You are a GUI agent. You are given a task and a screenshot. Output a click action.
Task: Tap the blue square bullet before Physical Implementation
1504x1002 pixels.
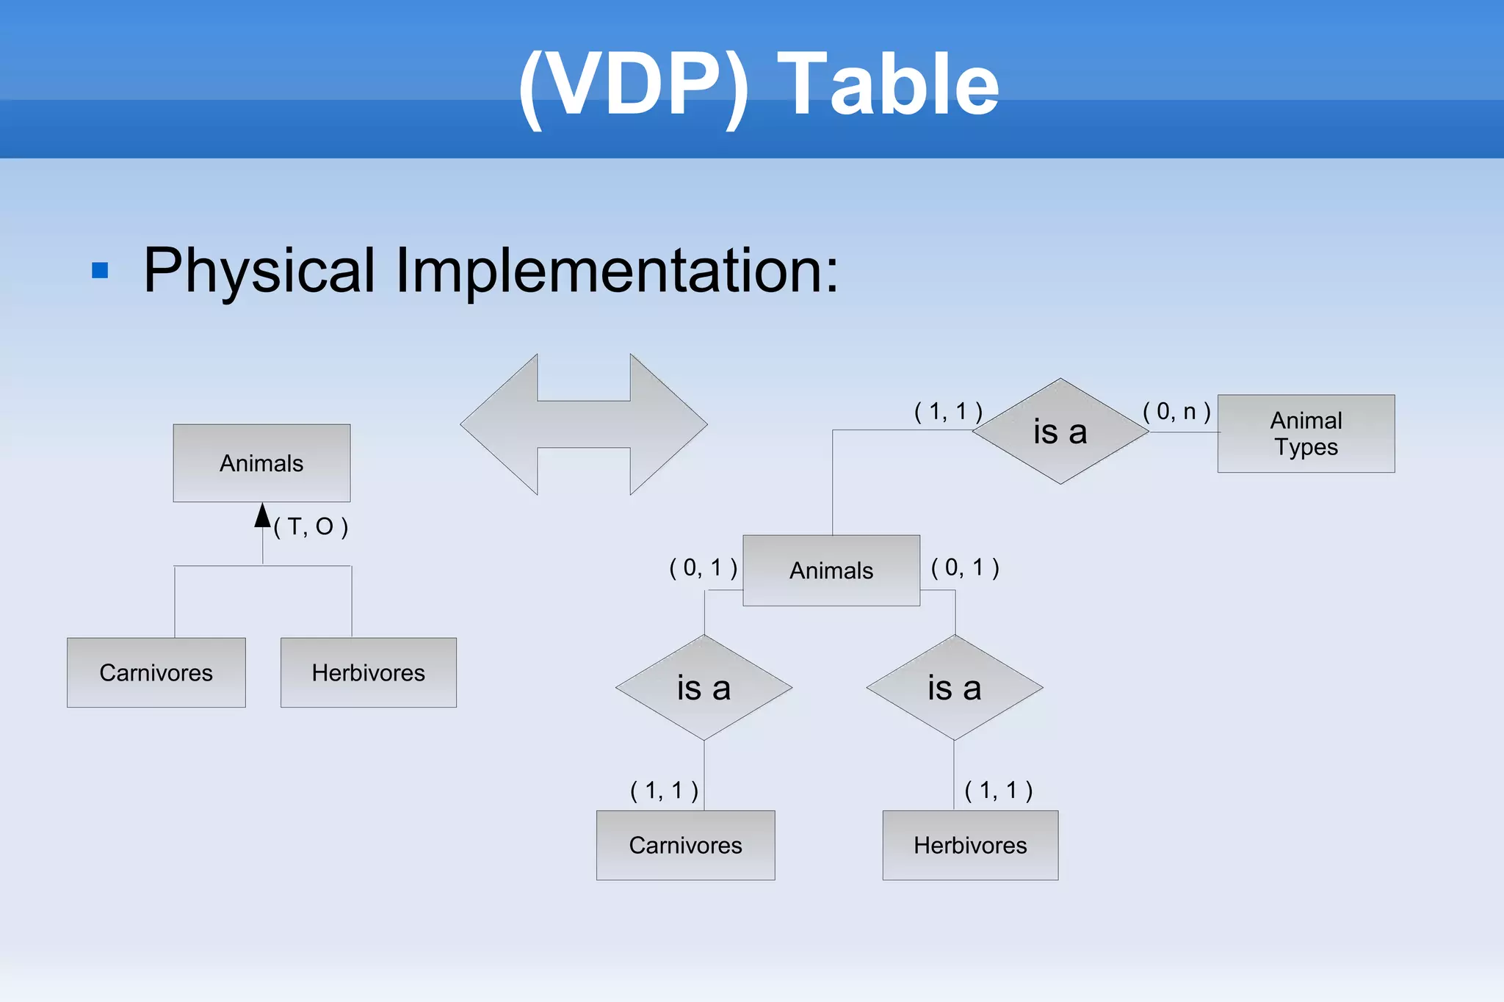coord(100,271)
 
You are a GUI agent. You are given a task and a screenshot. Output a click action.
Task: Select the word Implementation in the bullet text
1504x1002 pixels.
coord(615,271)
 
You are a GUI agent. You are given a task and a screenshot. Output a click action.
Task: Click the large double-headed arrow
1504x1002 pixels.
coord(584,424)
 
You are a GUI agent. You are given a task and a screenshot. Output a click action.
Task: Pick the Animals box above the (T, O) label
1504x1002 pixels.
coord(261,463)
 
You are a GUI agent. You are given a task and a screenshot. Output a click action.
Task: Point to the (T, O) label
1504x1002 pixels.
coord(311,526)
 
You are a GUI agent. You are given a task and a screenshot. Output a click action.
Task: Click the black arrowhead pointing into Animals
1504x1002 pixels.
coord(262,515)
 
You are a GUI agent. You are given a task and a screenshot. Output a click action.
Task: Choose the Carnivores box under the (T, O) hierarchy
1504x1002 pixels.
coord(156,672)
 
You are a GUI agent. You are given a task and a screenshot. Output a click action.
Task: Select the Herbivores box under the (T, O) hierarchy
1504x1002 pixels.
coord(368,672)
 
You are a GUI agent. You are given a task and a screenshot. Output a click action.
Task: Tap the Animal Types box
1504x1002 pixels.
coord(1306,434)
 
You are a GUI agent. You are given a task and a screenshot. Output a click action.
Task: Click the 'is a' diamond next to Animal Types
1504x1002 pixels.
coord(1060,432)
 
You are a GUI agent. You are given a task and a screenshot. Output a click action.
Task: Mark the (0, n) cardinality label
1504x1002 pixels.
coord(1176,411)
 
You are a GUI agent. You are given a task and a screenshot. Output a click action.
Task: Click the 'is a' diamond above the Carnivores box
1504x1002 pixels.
coord(704,688)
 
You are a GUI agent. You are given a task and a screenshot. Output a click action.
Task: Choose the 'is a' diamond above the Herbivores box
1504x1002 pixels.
coord(954,688)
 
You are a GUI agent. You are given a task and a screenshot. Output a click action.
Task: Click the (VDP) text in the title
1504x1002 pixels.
coord(634,84)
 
